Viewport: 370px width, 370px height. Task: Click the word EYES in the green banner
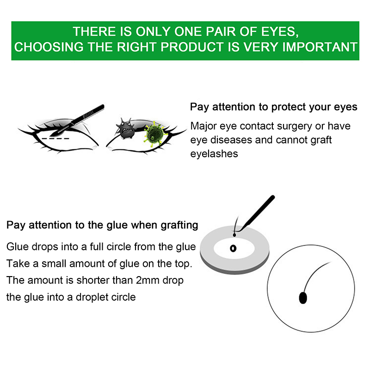(x=280, y=32)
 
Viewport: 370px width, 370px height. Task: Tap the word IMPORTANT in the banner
(x=320, y=47)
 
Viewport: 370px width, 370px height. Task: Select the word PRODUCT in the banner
(x=192, y=47)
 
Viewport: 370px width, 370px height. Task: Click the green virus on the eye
(x=154, y=134)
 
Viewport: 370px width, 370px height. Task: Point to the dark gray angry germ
(x=126, y=129)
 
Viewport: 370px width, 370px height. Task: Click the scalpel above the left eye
(x=78, y=120)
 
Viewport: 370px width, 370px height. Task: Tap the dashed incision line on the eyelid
(x=55, y=138)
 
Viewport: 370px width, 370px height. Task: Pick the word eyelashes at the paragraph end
(x=214, y=154)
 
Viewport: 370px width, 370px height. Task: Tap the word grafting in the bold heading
(x=179, y=225)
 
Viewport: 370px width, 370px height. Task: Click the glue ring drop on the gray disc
(x=233, y=248)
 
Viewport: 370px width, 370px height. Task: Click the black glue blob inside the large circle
(x=303, y=298)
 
